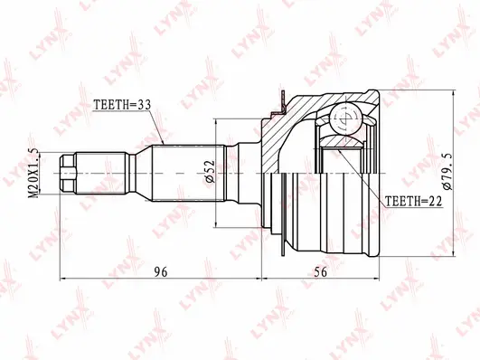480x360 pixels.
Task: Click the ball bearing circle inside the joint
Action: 347,118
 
